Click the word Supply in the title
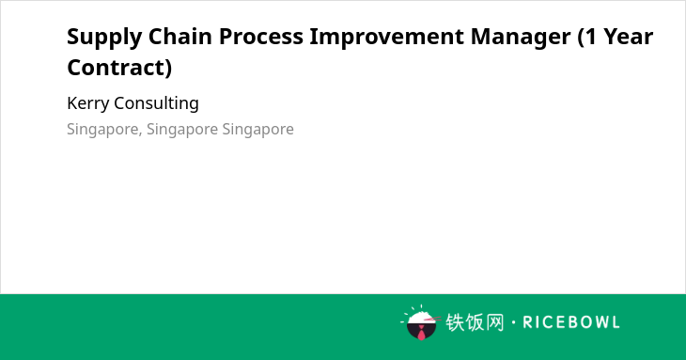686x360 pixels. point(104,38)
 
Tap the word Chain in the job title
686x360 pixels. point(180,37)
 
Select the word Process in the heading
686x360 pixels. point(260,37)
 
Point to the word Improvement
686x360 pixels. point(387,38)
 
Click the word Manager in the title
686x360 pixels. point(521,38)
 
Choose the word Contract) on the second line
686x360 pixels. point(119,68)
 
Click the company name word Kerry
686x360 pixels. point(88,103)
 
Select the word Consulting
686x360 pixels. point(156,103)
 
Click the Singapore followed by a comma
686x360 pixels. point(104,130)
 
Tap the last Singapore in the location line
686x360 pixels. point(257,130)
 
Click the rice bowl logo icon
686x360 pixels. point(420,322)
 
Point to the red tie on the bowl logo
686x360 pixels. point(421,334)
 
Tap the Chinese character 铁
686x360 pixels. point(455,322)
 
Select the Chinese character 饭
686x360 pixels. point(475,322)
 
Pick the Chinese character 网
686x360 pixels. point(494,322)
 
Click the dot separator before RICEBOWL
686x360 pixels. point(513,322)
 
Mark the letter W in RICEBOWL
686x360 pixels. point(598,322)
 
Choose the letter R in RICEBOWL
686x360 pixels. point(527,322)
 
